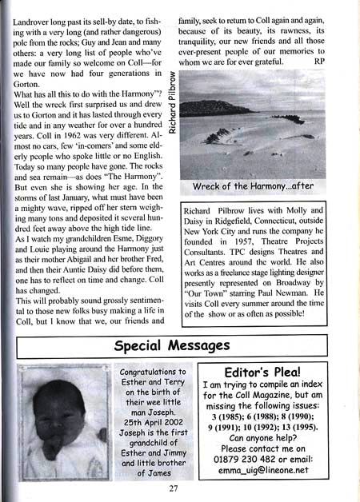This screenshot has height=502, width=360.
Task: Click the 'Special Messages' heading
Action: pyautogui.click(x=172, y=345)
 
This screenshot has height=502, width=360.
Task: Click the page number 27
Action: pyautogui.click(x=173, y=490)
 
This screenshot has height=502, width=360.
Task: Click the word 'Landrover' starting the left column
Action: pyautogui.click(x=35, y=7)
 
